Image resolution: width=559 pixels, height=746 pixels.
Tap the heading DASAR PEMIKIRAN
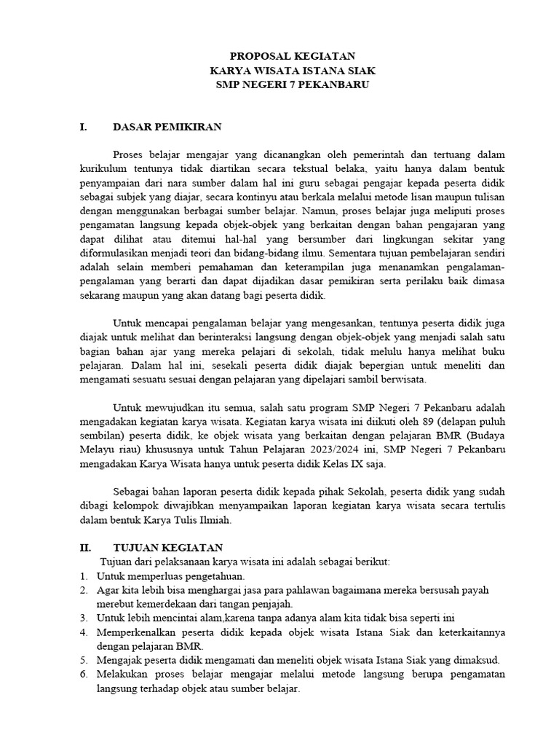[167, 127]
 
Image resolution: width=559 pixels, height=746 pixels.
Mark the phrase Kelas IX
[350, 463]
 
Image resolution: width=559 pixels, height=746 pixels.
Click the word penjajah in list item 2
[271, 603]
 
